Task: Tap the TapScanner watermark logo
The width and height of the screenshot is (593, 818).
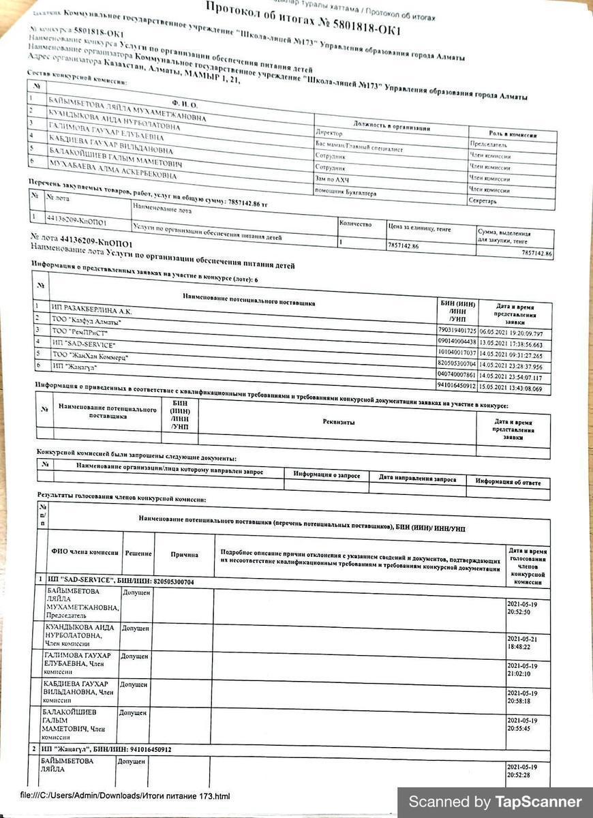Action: [x=496, y=802]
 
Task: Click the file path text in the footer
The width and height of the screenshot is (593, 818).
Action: [x=125, y=796]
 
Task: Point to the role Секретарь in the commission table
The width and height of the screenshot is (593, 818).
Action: [x=483, y=201]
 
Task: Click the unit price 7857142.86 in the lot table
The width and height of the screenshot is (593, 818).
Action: [x=403, y=245]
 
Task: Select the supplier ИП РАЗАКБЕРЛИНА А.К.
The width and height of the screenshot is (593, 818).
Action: [x=93, y=311]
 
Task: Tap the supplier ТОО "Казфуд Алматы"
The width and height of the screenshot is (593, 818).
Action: [x=87, y=322]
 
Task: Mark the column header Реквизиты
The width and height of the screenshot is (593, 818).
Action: [x=339, y=422]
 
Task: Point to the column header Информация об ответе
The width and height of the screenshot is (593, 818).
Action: [x=508, y=483]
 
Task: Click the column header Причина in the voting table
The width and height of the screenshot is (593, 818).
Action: [x=184, y=555]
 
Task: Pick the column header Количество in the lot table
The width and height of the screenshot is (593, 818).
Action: [x=356, y=224]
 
